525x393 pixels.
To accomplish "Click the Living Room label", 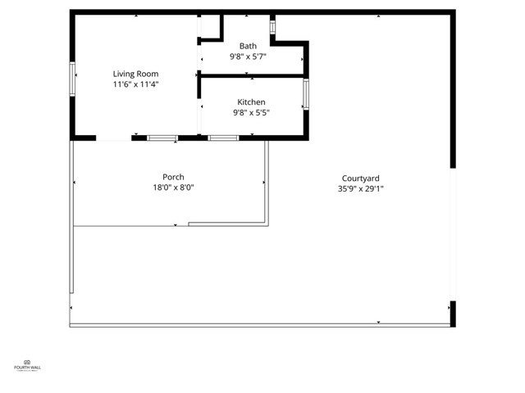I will (x=135, y=74).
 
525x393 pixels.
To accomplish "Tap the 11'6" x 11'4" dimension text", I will (x=135, y=84).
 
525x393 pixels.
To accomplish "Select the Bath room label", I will (x=248, y=46).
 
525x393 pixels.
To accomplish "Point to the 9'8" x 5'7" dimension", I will (x=248, y=56).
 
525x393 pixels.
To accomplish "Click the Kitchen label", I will (x=251, y=102).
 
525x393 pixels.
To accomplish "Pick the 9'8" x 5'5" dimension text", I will (x=251, y=113).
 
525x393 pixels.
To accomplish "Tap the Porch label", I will (x=173, y=177).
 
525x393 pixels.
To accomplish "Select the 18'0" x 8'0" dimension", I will (x=173, y=187).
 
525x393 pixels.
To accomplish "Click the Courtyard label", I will (x=360, y=178).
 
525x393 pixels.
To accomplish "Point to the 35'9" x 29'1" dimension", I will (x=360, y=189).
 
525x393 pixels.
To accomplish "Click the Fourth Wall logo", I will (x=27, y=365).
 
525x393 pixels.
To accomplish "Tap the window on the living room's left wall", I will (x=73, y=79).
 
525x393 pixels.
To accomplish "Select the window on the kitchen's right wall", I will (x=306, y=94).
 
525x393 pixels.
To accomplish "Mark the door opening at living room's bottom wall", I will (x=114, y=138).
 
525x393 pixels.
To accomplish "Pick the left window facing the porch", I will (x=162, y=138).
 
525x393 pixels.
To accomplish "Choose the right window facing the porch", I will (x=223, y=138).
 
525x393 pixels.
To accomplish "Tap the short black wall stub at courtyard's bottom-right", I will (x=452, y=314).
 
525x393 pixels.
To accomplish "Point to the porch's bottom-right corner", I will (x=267, y=224).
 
